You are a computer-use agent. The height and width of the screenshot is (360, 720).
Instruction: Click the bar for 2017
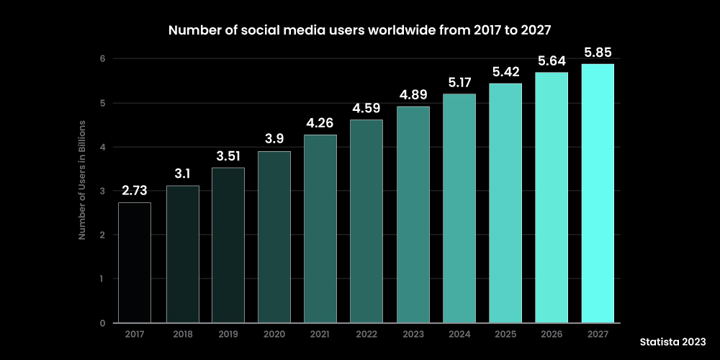135,262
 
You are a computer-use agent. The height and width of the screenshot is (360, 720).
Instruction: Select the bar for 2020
274,237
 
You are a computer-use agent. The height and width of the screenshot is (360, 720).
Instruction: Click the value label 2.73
135,191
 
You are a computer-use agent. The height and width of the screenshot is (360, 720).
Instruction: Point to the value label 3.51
228,156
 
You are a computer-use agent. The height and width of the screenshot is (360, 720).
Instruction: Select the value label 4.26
320,123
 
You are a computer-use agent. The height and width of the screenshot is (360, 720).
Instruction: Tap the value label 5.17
459,83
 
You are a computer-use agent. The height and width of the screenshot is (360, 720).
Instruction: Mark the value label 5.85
598,53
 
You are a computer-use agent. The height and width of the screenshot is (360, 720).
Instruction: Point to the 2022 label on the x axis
366,334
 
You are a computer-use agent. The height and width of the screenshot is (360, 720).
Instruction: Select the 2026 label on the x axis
552,334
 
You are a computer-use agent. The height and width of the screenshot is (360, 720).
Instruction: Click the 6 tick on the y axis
103,59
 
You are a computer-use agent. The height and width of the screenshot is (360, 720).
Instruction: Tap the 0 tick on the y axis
103,323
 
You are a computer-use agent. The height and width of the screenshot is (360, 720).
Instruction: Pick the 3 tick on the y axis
103,191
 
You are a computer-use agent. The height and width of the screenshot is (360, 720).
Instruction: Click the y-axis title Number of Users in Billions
82,191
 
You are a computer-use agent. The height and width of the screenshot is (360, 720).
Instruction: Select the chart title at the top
360,31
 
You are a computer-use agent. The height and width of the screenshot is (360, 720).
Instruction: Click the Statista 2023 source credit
672,341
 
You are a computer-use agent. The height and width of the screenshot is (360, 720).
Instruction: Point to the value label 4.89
413,95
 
